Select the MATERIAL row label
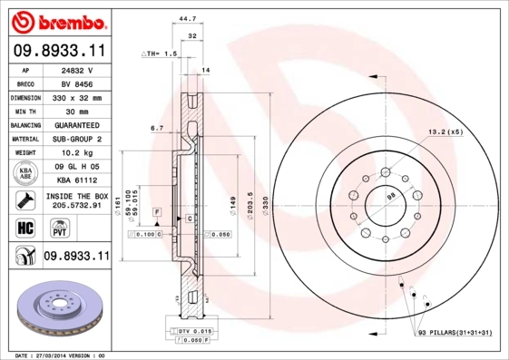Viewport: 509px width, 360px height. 24,139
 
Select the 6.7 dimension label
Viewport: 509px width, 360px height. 156,128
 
